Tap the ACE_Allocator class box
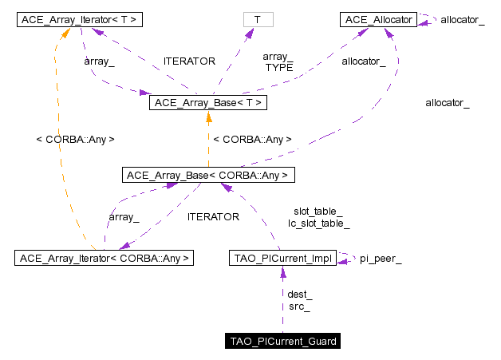coord(377,18)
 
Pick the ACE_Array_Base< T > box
coord(207,103)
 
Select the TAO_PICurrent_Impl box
coord(282,258)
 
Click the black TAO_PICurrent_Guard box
coord(282,342)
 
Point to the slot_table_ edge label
coord(318,212)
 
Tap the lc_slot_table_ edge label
coord(319,224)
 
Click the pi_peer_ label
coord(381,259)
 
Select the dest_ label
coord(299,295)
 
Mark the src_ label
coord(299,307)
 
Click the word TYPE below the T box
coord(279,68)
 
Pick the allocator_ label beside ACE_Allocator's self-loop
coord(462,18)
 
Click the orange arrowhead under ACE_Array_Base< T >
coord(207,117)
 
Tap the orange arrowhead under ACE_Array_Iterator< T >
coord(68,32)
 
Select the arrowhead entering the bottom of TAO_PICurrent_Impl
coord(282,271)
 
